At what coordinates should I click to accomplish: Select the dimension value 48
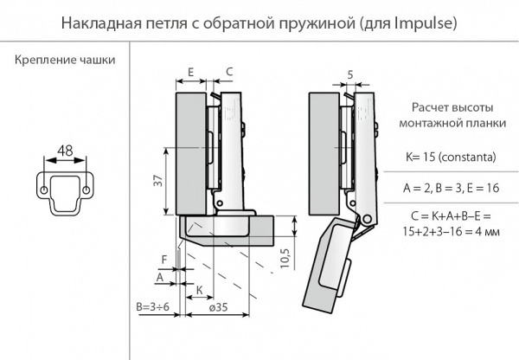pyautogui.click(x=64, y=150)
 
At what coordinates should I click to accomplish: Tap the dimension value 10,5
pyautogui.click(x=285, y=259)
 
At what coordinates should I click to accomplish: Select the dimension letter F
pyautogui.click(x=163, y=257)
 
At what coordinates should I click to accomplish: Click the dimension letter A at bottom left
pyautogui.click(x=161, y=276)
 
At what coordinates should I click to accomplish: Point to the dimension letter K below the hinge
pyautogui.click(x=199, y=288)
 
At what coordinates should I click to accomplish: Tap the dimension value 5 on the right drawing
pyautogui.click(x=349, y=75)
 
